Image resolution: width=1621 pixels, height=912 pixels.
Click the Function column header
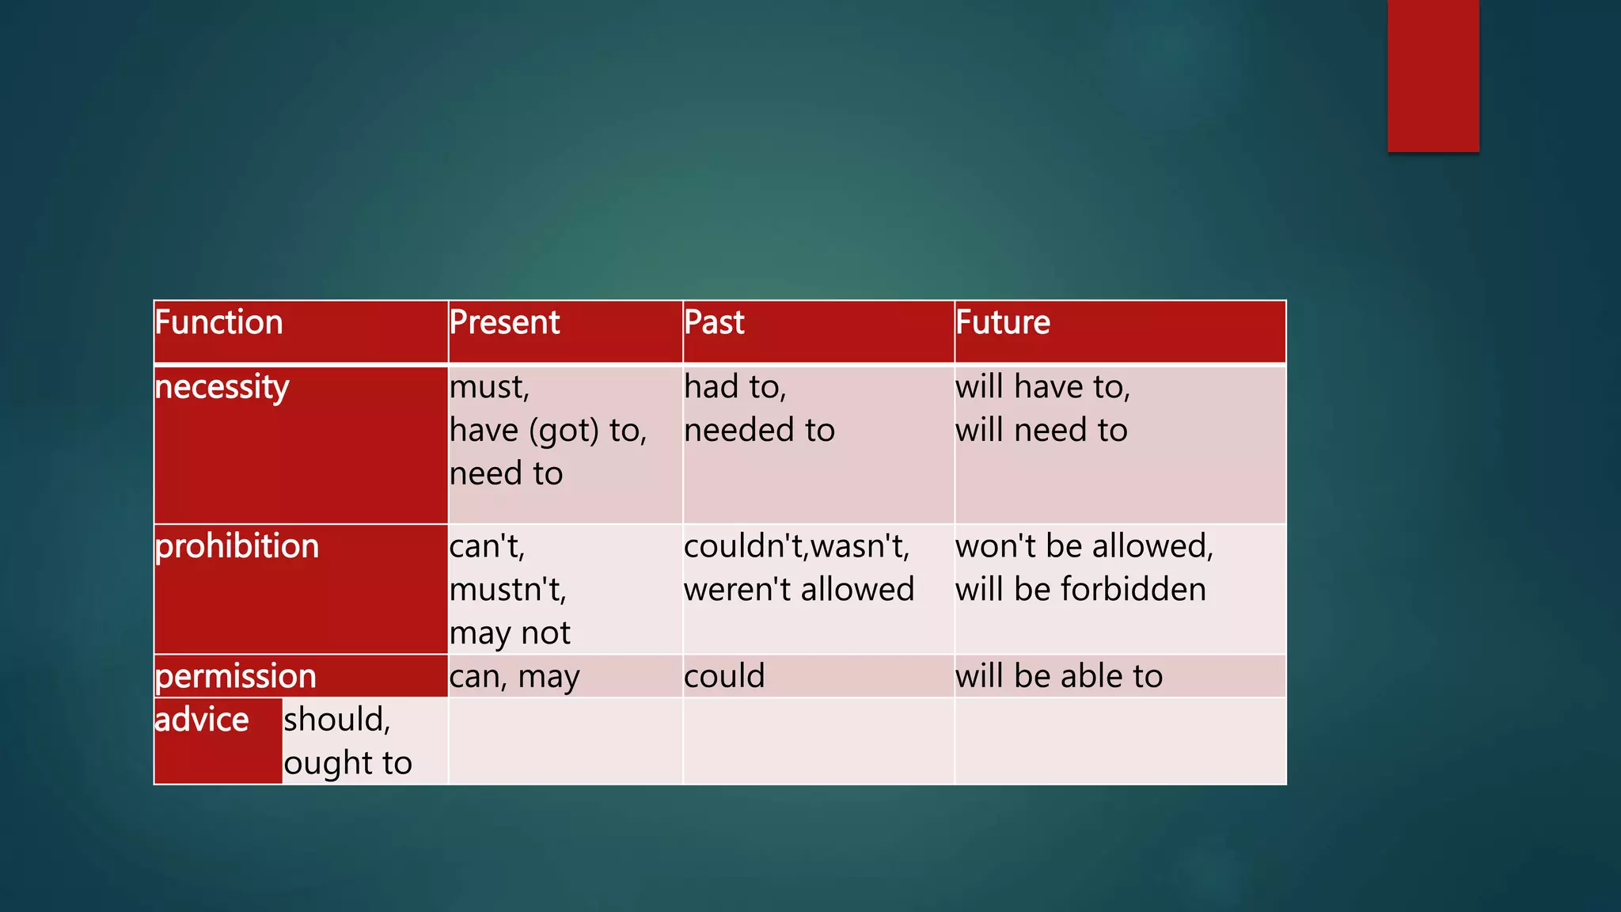pos(219,323)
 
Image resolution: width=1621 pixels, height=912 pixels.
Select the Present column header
pos(504,323)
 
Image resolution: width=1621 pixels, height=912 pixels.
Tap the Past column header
pos(714,323)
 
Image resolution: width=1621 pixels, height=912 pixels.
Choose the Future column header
pos(1003,323)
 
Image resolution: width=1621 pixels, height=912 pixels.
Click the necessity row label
pos(222,388)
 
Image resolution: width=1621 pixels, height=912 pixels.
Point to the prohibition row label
pos(237,547)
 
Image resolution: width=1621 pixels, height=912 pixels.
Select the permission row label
pos(236,677)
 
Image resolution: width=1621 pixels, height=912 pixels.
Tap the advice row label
pos(202,720)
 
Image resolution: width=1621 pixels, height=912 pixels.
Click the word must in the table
pos(488,388)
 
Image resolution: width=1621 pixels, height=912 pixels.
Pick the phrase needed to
pos(759,431)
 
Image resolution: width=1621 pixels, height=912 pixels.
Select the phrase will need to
pos(1041,431)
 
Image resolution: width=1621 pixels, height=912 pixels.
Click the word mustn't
pos(507,591)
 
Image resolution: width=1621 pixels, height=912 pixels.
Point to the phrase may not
pos(510,633)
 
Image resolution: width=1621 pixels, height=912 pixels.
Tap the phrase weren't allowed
pos(799,591)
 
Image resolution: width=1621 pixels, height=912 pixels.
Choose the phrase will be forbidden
pos(1080,591)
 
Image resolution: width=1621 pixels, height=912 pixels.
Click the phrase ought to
pos(347,764)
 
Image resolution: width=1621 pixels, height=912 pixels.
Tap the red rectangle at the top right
pos(1433,76)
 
